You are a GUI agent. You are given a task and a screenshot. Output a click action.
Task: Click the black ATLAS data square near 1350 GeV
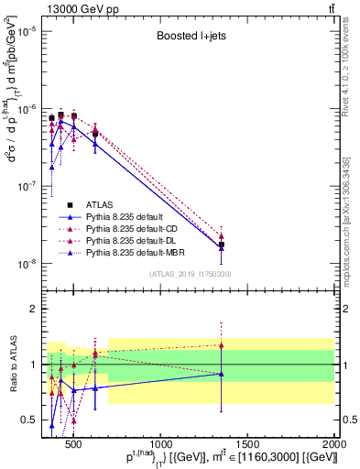click(221, 245)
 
